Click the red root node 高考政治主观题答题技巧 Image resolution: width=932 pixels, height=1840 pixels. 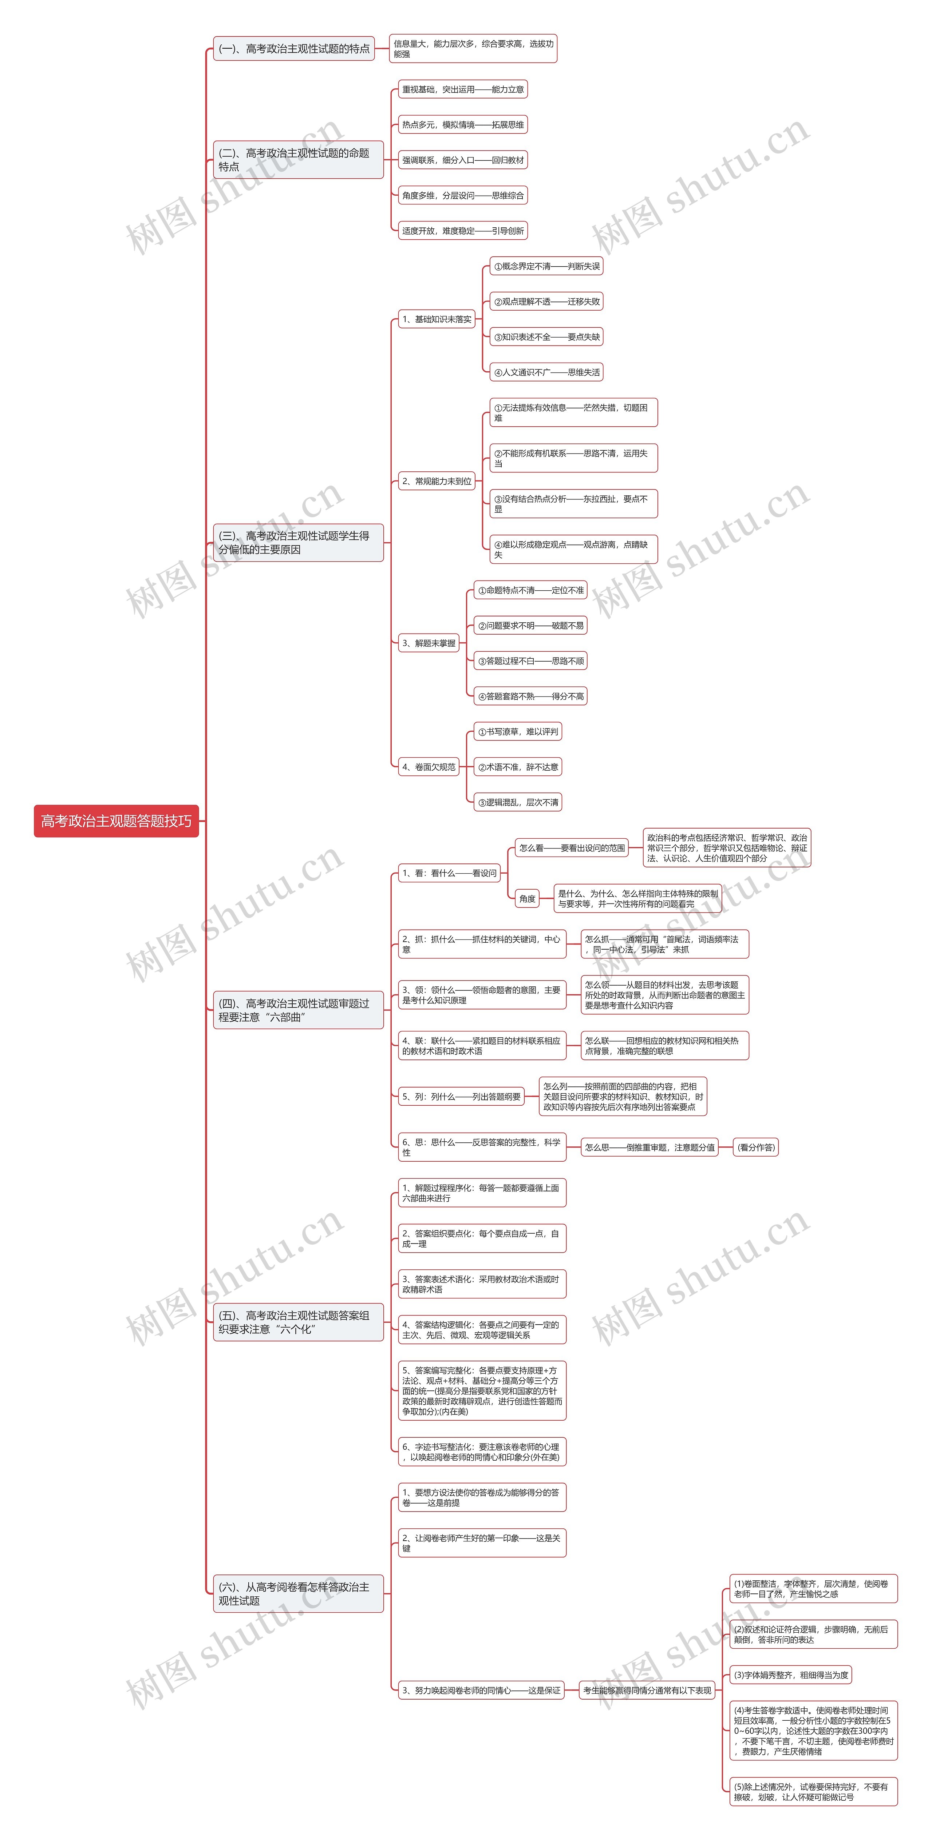point(116,821)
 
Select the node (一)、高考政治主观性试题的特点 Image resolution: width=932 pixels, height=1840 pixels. point(294,49)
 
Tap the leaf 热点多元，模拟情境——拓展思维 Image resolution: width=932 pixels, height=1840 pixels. point(462,125)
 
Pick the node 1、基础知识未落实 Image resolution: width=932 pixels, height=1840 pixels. point(436,319)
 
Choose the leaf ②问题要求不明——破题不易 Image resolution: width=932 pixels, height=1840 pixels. point(530,626)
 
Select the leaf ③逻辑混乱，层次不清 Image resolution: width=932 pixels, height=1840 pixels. point(517,802)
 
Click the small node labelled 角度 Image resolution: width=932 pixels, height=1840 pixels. point(528,899)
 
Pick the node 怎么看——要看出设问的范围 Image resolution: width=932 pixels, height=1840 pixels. point(572,848)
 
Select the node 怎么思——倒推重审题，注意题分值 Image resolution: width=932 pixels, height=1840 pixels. point(649,1147)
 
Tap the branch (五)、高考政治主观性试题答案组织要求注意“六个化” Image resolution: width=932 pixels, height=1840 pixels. point(298,1322)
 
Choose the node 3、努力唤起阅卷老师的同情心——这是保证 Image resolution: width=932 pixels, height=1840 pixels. point(481,1690)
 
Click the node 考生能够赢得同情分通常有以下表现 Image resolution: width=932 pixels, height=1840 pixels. point(647,1690)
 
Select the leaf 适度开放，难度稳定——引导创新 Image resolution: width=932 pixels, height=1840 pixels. point(462,231)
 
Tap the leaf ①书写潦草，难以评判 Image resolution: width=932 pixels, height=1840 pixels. point(517,731)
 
